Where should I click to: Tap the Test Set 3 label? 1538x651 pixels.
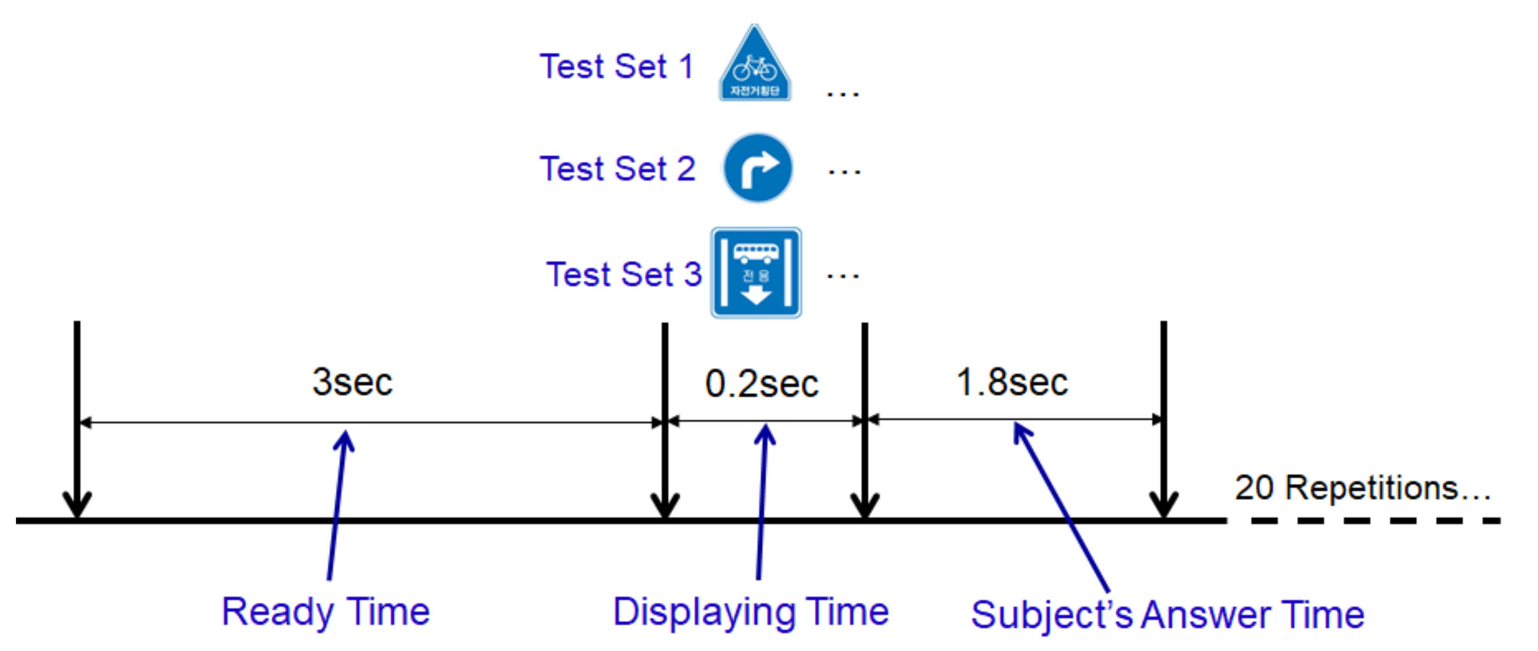pyautogui.click(x=623, y=274)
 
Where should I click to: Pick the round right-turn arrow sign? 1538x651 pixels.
pyautogui.click(x=758, y=168)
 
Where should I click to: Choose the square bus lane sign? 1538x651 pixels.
pyautogui.click(x=756, y=273)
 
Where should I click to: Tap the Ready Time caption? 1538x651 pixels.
pyautogui.click(x=325, y=612)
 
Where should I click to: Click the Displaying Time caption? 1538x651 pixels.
pyautogui.click(x=750, y=612)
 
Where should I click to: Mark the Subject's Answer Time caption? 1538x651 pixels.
pyautogui.click(x=1167, y=614)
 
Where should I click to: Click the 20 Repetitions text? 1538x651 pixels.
pyautogui.click(x=1361, y=488)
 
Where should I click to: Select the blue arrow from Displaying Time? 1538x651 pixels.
pyautogui.click(x=762, y=502)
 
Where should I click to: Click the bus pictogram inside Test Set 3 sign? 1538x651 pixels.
pyautogui.click(x=756, y=253)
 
